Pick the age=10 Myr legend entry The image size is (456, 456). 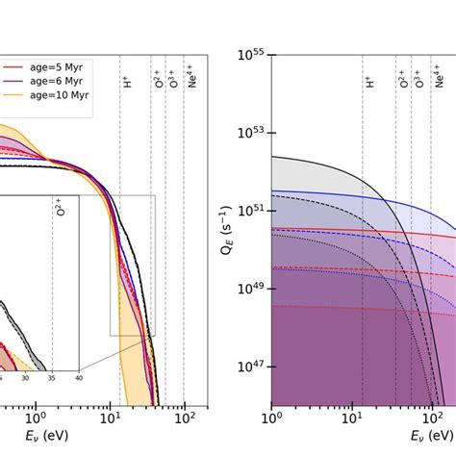[x=58, y=96]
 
